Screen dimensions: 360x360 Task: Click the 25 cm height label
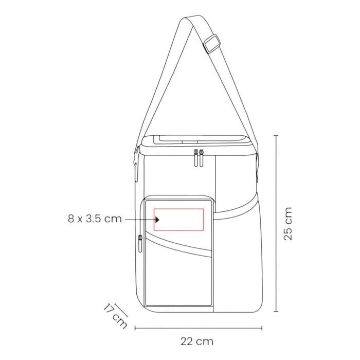click(x=288, y=223)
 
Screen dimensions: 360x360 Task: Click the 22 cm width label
click(x=197, y=341)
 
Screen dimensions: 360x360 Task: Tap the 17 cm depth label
click(x=115, y=316)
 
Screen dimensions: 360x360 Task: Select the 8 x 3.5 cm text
click(x=95, y=219)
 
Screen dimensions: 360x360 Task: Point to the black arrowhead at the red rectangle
click(x=157, y=220)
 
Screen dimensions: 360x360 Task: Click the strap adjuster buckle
click(x=212, y=44)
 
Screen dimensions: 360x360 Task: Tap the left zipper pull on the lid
click(x=196, y=158)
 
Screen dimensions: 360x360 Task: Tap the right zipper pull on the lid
click(x=202, y=158)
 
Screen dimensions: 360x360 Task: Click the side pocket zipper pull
click(x=140, y=243)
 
